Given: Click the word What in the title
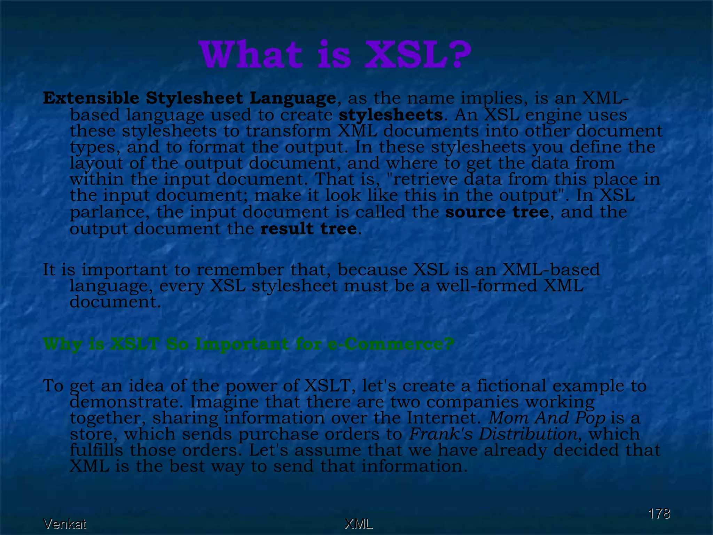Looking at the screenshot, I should click(251, 55).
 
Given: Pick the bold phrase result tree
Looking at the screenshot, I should click(308, 229).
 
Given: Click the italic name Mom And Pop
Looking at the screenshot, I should click(547, 418).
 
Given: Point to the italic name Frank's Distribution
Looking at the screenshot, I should click(493, 434).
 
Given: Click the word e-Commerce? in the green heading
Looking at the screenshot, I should click(391, 344).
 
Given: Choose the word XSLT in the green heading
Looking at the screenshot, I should click(135, 344).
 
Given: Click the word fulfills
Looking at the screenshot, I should click(96, 450).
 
